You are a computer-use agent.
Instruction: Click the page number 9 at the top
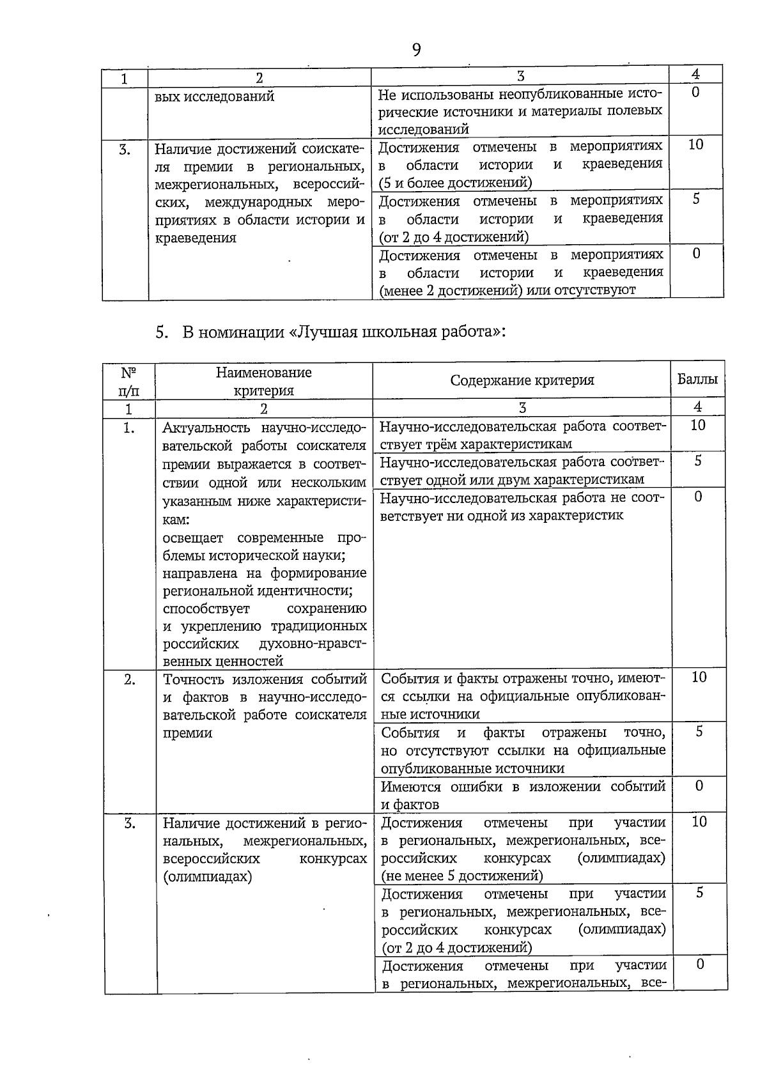pyautogui.click(x=416, y=50)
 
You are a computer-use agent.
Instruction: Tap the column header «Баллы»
pyautogui.click(x=697, y=379)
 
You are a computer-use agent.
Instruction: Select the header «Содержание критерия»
pyautogui.click(x=522, y=380)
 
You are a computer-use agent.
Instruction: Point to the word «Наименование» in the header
pyautogui.click(x=263, y=372)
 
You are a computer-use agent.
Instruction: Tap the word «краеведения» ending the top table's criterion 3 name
pyautogui.click(x=196, y=238)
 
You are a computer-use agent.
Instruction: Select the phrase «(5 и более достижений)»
pyautogui.click(x=454, y=183)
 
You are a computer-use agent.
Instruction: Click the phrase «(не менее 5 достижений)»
pyautogui.click(x=461, y=876)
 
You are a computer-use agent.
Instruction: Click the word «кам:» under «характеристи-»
pyautogui.click(x=176, y=520)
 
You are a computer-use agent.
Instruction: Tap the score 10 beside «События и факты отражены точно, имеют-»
pyautogui.click(x=699, y=677)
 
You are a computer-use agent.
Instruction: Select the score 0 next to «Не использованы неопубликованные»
pyautogui.click(x=696, y=93)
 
